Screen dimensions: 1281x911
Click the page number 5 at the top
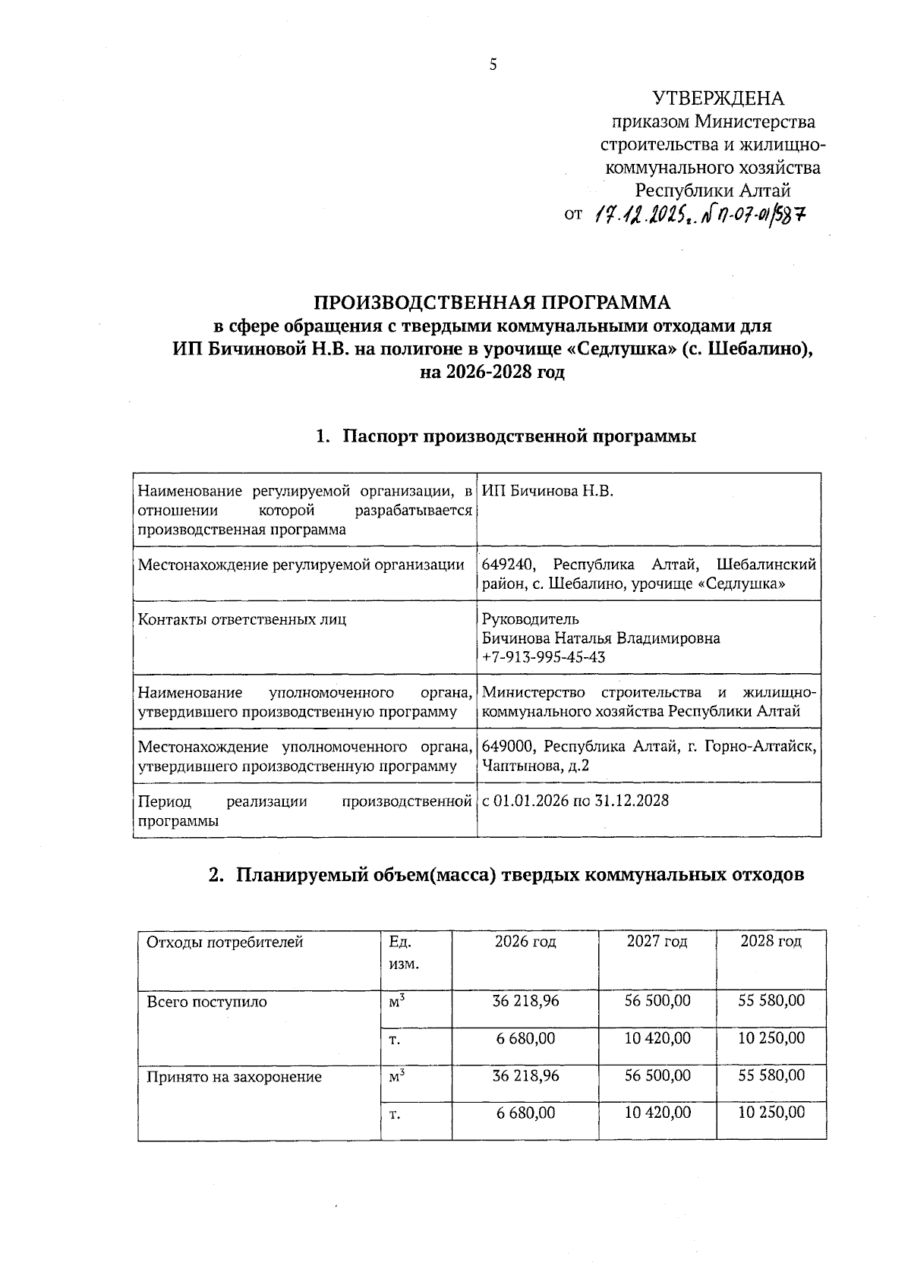(493, 65)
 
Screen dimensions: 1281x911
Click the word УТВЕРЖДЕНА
(718, 99)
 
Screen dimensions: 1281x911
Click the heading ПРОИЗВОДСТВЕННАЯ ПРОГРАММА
(493, 303)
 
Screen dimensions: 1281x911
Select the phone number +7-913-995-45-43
(544, 657)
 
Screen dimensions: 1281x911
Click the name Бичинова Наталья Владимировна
(601, 638)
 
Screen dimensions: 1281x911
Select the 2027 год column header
(657, 942)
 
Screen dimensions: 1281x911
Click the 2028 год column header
(771, 942)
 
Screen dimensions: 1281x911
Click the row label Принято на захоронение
(234, 1077)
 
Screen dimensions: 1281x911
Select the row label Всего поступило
(206, 1002)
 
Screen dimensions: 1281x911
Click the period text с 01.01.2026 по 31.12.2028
(575, 801)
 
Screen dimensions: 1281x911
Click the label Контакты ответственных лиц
(241, 620)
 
